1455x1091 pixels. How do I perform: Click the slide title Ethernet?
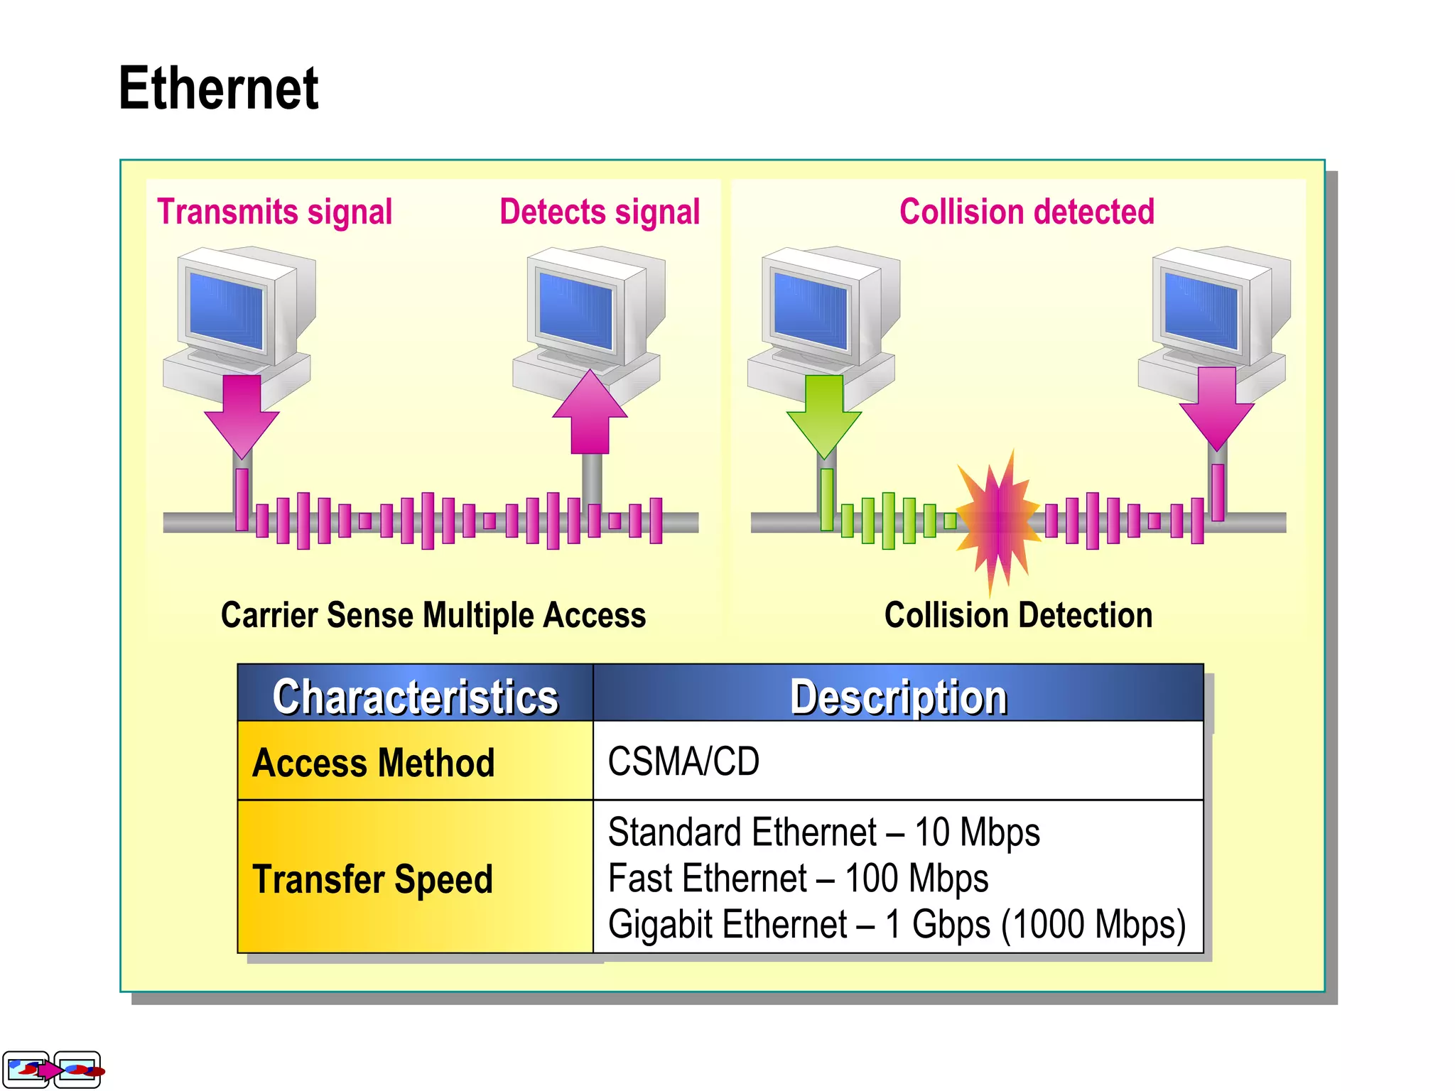[218, 88]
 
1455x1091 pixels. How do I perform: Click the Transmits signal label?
[274, 212]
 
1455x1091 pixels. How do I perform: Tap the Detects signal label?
[600, 212]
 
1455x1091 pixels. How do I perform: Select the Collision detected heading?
[1027, 212]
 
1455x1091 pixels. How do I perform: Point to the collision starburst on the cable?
[997, 521]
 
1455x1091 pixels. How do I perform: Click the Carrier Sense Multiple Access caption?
[433, 615]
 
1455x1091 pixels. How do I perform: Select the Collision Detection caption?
[1018, 615]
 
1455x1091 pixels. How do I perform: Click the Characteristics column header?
[416, 695]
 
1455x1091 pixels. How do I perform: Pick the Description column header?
[898, 695]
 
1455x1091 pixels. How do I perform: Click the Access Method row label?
[374, 763]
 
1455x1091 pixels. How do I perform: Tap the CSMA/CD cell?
[683, 761]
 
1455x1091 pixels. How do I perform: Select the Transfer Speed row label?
[372, 879]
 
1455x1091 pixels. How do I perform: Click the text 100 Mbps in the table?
[916, 879]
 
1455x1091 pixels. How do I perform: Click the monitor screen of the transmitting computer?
[227, 310]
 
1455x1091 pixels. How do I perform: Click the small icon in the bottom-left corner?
[52, 1070]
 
